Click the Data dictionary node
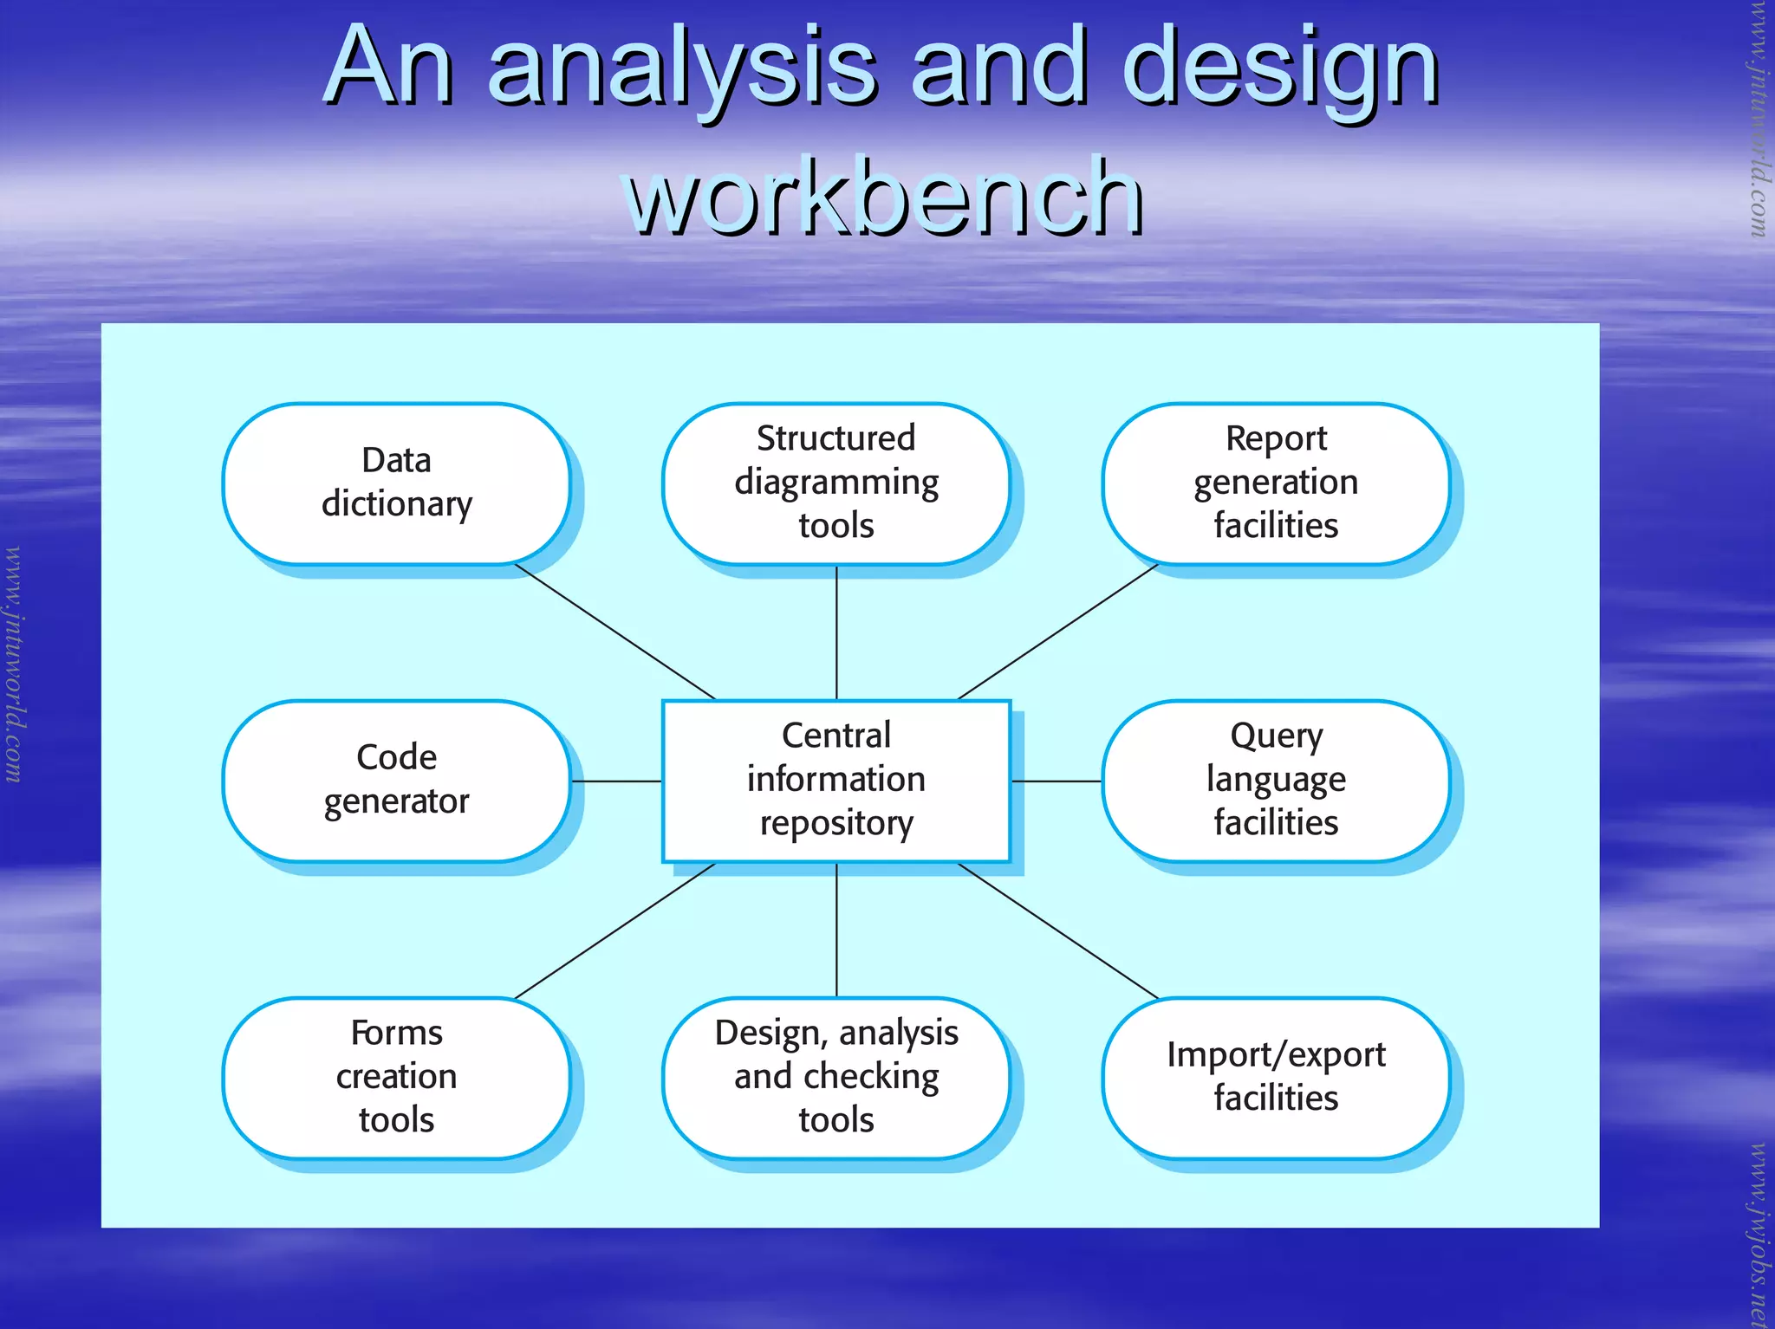(x=396, y=483)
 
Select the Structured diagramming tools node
(x=835, y=483)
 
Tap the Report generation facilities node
(x=1275, y=483)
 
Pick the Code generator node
(x=396, y=781)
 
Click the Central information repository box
(x=835, y=781)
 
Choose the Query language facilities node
(x=1275, y=781)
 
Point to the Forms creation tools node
(x=396, y=1078)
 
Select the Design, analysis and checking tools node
(x=835, y=1078)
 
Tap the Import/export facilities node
(x=1275, y=1078)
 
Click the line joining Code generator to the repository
(x=616, y=781)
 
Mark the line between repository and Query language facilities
(x=1057, y=781)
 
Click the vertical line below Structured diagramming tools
(x=836, y=632)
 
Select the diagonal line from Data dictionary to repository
(x=615, y=632)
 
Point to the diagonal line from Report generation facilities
(x=1057, y=632)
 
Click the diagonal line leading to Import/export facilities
(x=1057, y=930)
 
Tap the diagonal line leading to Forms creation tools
(x=615, y=930)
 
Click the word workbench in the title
(x=884, y=198)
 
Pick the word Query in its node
(x=1276, y=736)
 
